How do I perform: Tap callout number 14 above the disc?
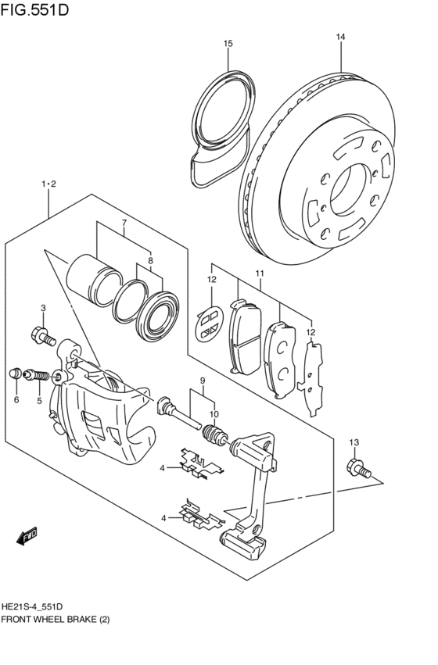pos(340,37)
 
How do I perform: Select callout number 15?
pos(228,44)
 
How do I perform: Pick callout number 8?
pos(150,261)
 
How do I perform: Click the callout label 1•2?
pos(49,184)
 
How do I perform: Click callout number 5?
pos(38,400)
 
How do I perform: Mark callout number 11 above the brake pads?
pos(259,274)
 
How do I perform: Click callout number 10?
pos(214,414)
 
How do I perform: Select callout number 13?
pos(353,443)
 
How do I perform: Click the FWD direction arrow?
pos(26,536)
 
